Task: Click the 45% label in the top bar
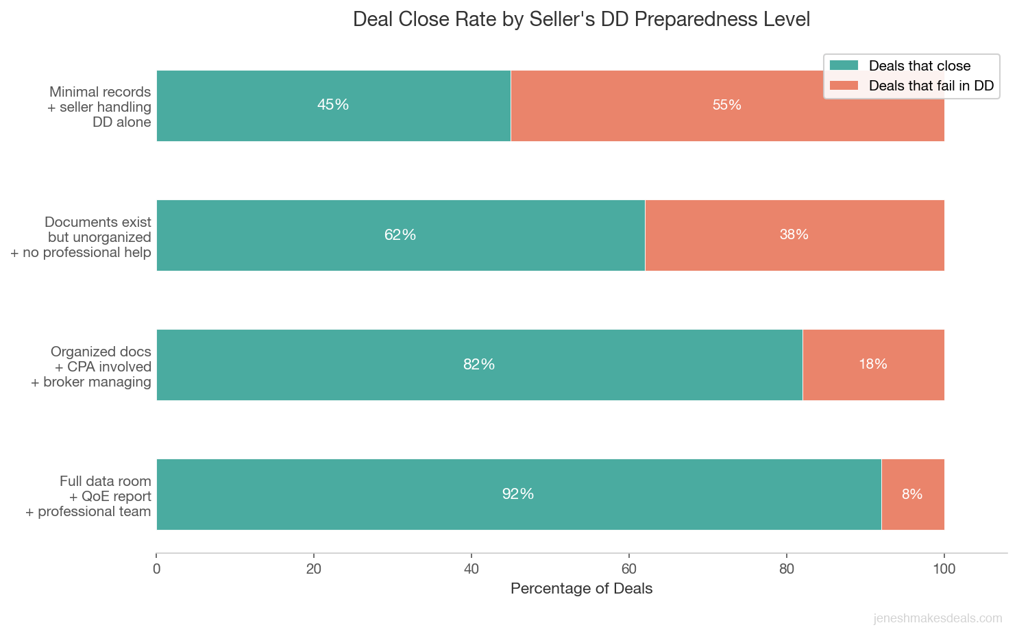[333, 105]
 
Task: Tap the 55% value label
[726, 105]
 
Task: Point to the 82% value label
[479, 365]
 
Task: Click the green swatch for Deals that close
[844, 66]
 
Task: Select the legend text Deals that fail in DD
[931, 86]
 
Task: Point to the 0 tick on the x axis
[157, 569]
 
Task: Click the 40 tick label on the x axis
[471, 569]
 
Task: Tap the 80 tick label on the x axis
[787, 569]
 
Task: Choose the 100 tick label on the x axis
[944, 569]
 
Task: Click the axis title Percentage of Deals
[581, 589]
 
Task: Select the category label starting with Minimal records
[99, 93]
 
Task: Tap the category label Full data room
[105, 481]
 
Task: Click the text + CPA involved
[103, 367]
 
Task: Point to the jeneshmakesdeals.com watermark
[938, 618]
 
